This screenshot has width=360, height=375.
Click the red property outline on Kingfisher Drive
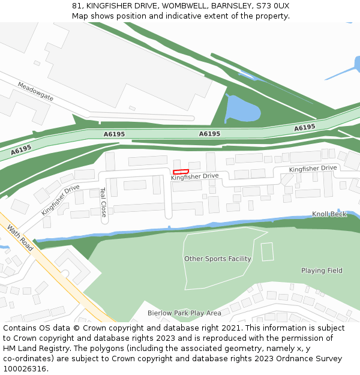[x=181, y=172]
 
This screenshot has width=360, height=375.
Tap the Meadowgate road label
[x=35, y=92]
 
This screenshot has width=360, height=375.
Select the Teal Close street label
[x=103, y=202]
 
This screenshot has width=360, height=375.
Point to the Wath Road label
[x=20, y=238]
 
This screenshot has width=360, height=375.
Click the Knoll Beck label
[x=329, y=214]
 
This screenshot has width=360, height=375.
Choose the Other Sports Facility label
[x=217, y=259]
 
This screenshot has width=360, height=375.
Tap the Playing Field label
[x=322, y=271]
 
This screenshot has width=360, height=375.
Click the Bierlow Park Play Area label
[x=184, y=313]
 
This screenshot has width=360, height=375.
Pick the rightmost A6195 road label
[x=305, y=128]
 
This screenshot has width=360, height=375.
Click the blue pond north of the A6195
[x=241, y=110]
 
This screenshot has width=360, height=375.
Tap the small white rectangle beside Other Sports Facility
[x=267, y=251]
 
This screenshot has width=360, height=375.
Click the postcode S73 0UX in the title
[x=272, y=5]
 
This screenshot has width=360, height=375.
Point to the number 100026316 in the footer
[x=25, y=369]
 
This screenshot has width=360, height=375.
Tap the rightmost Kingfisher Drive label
[x=313, y=169]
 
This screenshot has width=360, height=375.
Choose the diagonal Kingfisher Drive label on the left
[x=60, y=200]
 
